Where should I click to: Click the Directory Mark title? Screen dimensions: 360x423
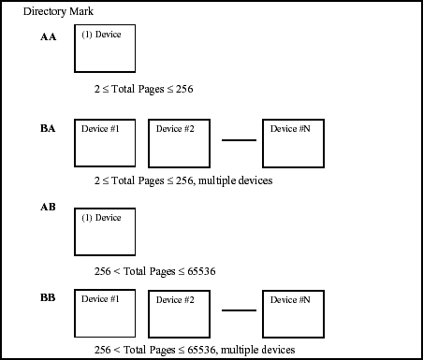58,11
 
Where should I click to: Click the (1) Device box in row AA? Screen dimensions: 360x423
104,49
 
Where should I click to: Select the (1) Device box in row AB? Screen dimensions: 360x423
104,231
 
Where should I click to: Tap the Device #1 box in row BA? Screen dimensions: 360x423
104,142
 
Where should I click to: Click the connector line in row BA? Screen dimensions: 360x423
238,141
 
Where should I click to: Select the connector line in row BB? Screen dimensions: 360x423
238,310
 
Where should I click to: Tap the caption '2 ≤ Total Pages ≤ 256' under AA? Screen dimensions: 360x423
143,89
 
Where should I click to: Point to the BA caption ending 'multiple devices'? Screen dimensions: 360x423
183,180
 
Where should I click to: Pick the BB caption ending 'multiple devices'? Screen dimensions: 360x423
196,350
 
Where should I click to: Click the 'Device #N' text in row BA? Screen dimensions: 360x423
290,128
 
